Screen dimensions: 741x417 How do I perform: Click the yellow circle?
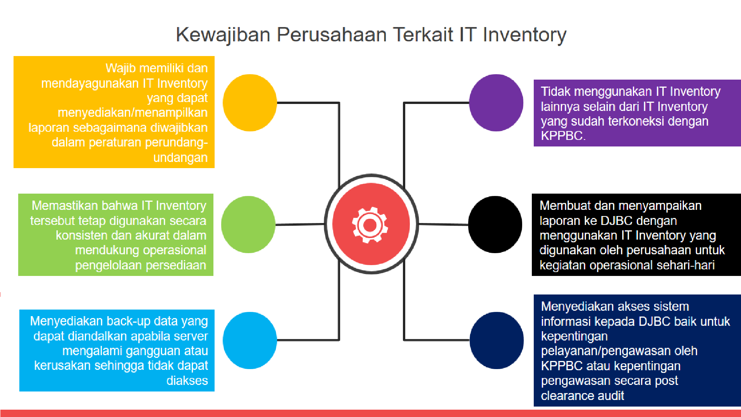[250, 103]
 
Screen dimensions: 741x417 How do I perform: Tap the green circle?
[248, 225]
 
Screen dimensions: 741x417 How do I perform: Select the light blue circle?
[250, 340]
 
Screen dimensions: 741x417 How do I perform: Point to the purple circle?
[496, 103]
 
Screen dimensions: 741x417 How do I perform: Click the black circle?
[495, 225]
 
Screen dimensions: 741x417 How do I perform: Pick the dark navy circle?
[497, 340]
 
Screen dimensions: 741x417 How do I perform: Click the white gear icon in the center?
[370, 225]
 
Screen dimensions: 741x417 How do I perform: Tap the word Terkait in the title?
[423, 34]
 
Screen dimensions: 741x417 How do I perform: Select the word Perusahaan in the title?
[332, 34]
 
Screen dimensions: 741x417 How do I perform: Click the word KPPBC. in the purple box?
[563, 136]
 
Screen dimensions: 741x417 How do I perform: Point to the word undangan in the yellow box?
[180, 158]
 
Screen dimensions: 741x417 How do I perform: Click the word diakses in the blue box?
[187, 381]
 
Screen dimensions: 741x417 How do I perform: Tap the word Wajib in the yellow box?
[121, 68]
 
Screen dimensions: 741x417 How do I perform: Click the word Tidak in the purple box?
[555, 92]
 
